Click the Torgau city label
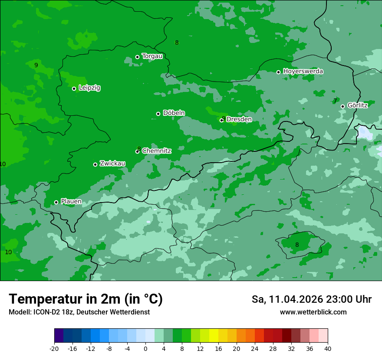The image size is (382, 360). (152, 56)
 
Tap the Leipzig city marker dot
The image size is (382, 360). (74, 88)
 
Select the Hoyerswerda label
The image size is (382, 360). (303, 72)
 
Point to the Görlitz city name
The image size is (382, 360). (358, 105)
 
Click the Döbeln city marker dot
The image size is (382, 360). (158, 114)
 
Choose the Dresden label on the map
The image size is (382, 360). (239, 119)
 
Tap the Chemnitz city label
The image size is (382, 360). (157, 151)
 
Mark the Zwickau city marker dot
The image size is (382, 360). (95, 164)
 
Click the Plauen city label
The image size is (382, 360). (71, 202)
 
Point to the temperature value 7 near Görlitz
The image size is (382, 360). (335, 101)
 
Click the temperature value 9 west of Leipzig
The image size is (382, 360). (36, 65)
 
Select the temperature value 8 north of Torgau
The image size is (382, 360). (177, 43)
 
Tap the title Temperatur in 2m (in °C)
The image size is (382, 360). (86, 299)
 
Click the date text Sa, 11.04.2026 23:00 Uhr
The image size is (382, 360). (311, 300)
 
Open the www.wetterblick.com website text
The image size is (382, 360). (313, 312)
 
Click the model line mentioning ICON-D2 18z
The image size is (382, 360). (79, 312)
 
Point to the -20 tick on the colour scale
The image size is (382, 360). (54, 349)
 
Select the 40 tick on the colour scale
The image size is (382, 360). (328, 349)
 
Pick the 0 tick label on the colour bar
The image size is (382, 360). (145, 349)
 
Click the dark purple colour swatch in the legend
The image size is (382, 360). (59, 336)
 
